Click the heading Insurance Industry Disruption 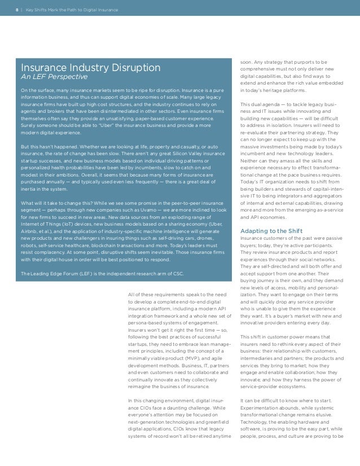point(90,67)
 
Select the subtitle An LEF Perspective point(54,77)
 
